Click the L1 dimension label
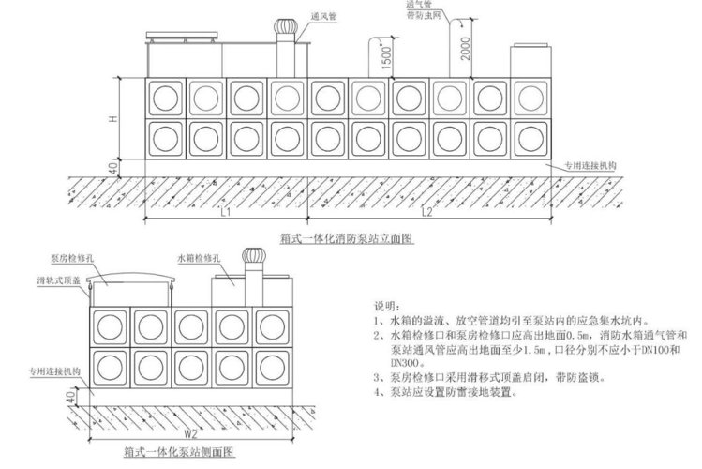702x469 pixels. [225, 213]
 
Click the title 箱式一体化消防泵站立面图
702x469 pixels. [346, 239]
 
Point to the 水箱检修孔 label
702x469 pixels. [196, 255]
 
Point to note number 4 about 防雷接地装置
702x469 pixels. [442, 392]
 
